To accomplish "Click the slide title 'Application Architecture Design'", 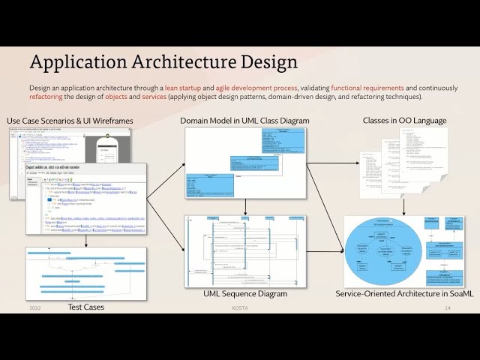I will pyautogui.click(x=163, y=61).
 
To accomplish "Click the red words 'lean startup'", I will pyautogui.click(x=184, y=88).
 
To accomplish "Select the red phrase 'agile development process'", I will pyautogui.click(x=254, y=88).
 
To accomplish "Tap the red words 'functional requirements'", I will pyautogui.click(x=367, y=88).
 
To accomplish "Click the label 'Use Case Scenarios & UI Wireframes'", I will pyautogui.click(x=71, y=121).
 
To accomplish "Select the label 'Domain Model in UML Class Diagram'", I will pyautogui.click(x=244, y=121).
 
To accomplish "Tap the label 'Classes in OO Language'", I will pyautogui.click(x=404, y=121).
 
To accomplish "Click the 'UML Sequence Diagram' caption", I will pyautogui.click(x=244, y=294).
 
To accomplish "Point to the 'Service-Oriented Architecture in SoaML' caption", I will pyautogui.click(x=404, y=294).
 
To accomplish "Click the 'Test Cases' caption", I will pyautogui.click(x=86, y=307).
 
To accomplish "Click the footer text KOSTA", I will pyautogui.click(x=240, y=308).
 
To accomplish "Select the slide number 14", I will pyautogui.click(x=447, y=308).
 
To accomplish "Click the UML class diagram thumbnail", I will pyautogui.click(x=245, y=163).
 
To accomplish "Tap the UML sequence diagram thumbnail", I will pyautogui.click(x=245, y=250).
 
